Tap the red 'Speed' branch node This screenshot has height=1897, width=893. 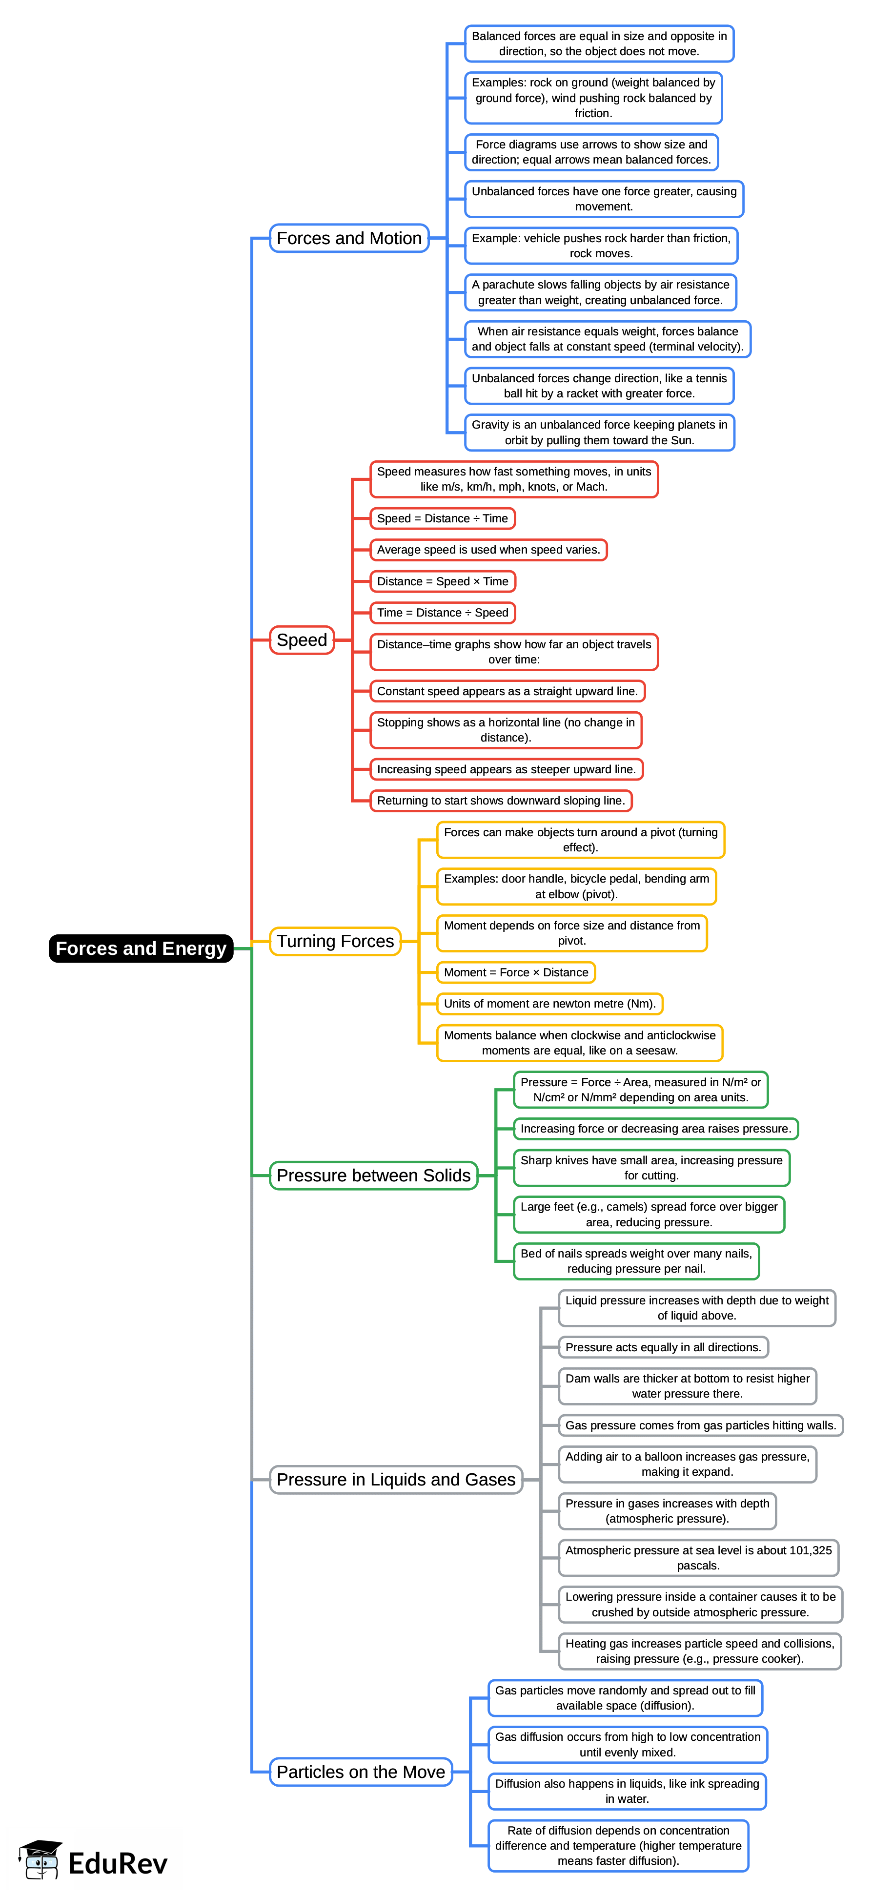click(x=302, y=640)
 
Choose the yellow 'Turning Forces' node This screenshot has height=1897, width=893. click(x=335, y=941)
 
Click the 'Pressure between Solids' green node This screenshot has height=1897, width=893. click(x=373, y=1175)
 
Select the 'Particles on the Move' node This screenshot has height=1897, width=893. click(x=361, y=1772)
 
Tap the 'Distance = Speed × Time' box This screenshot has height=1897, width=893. click(x=443, y=581)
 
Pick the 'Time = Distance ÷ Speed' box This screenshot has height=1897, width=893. click(x=443, y=613)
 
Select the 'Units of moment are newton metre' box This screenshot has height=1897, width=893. click(x=549, y=1004)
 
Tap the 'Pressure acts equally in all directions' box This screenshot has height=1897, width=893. click(x=663, y=1347)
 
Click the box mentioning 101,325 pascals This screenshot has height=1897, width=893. click(x=698, y=1558)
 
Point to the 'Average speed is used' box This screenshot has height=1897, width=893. click(x=488, y=549)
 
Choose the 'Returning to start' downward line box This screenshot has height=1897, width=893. click(x=501, y=801)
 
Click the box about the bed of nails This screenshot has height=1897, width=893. click(x=636, y=1261)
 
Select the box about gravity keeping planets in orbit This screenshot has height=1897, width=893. click(x=599, y=433)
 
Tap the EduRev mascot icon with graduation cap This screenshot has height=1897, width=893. click(x=41, y=1859)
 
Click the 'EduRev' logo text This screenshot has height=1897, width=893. click(x=118, y=1864)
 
